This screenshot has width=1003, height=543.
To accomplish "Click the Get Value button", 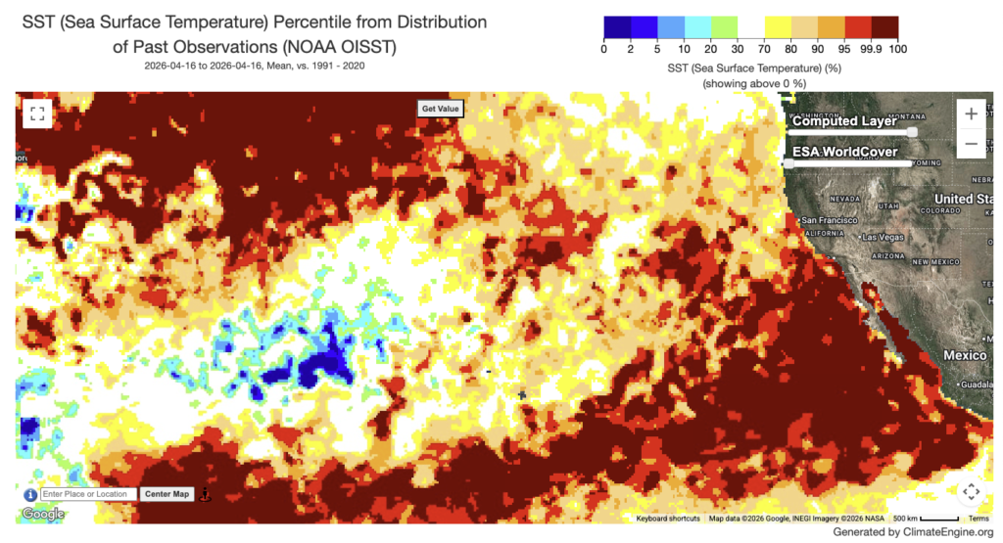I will click(440, 109).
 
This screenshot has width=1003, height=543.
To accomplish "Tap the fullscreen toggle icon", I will click(37, 113).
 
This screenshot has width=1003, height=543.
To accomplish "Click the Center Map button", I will click(167, 494).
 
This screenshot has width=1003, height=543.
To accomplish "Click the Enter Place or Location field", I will click(88, 494).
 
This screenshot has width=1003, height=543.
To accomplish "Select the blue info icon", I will click(30, 495).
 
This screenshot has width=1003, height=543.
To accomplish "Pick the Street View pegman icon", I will click(205, 495).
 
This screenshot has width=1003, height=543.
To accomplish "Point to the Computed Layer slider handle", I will click(912, 132).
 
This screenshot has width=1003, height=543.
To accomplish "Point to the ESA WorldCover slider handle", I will click(788, 163).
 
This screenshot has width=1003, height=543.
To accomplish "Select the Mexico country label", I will click(965, 355).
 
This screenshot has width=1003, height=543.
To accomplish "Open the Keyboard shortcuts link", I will click(668, 519).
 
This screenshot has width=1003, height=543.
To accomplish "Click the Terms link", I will click(979, 519).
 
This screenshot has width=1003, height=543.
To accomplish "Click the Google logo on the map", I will click(43, 514).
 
